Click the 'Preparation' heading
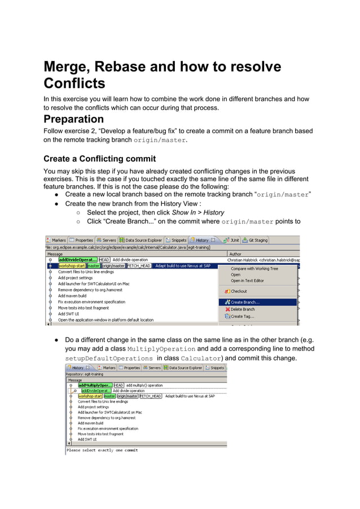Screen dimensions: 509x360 74,119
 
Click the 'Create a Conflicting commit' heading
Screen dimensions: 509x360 99,159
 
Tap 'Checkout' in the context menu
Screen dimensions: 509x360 239,291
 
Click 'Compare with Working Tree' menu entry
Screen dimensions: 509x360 254,269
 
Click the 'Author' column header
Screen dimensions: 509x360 234,254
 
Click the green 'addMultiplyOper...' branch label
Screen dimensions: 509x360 95,385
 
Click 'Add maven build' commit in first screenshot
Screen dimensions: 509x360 72,296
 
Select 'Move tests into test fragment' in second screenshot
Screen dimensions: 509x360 100,434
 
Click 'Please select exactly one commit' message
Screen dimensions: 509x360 102,450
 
